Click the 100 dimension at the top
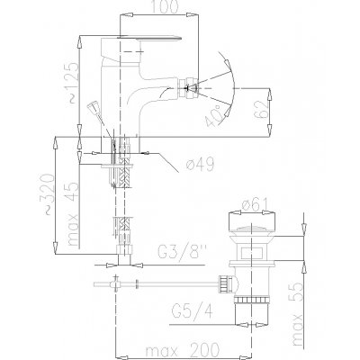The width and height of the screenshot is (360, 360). point(164,7)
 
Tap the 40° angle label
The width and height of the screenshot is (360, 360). point(216,115)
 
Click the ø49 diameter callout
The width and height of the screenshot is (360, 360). point(200,164)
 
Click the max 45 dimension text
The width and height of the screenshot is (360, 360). point(74,213)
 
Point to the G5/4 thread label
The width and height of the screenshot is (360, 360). point(193,310)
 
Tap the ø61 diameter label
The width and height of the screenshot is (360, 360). point(255,205)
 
